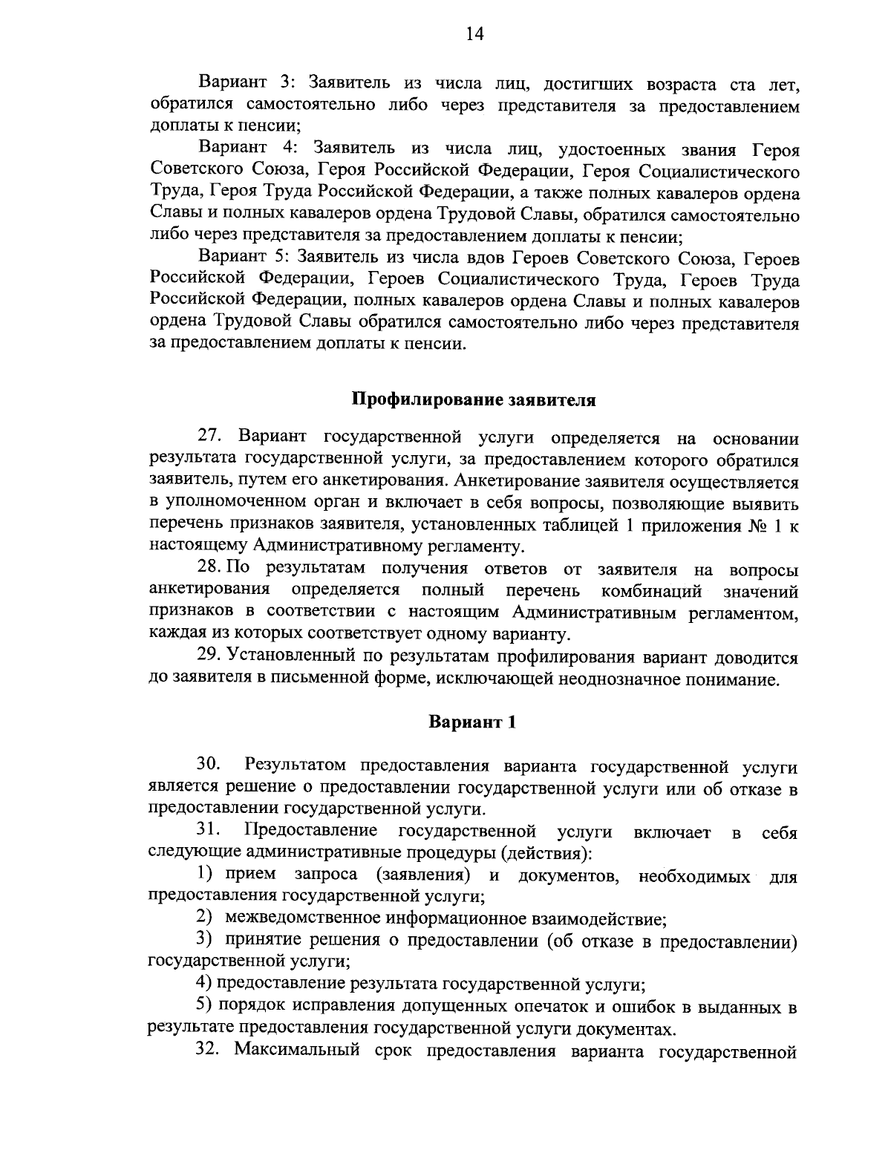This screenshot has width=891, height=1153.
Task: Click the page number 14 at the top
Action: [474, 35]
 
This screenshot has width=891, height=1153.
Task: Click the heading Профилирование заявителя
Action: [474, 399]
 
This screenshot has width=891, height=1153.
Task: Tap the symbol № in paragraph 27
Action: [754, 526]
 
